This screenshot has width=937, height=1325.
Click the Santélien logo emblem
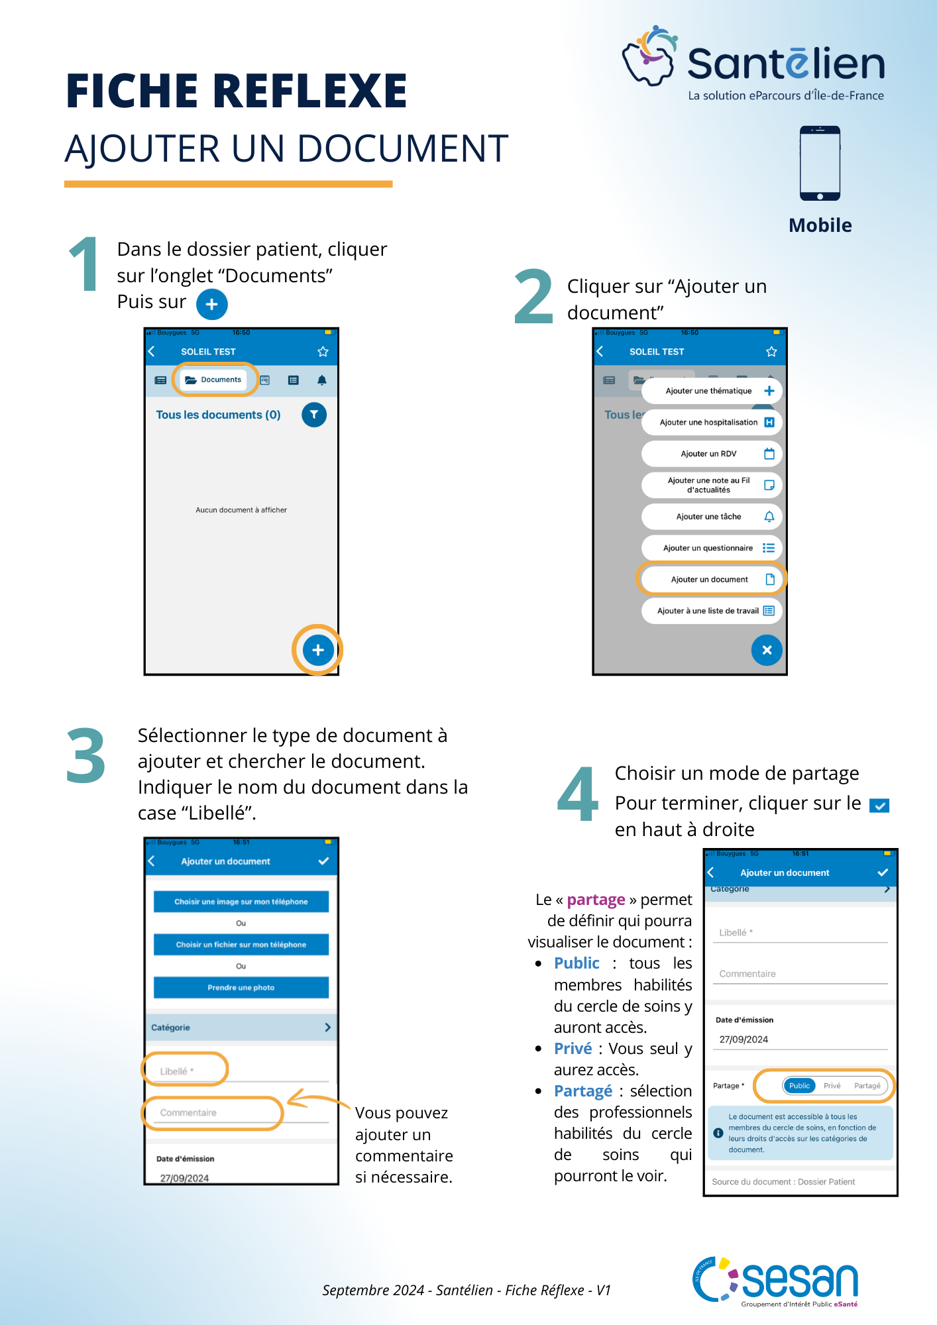650,57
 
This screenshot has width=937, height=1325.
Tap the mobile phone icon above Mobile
820,163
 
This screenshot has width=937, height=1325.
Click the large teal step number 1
85,265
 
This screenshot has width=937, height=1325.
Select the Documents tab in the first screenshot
214,380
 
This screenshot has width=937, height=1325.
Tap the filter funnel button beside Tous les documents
314,415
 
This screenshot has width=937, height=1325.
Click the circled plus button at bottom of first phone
318,650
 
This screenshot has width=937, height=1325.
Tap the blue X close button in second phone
767,650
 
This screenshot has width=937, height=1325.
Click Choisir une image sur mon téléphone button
241,902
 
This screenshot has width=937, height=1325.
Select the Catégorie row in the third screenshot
241,1028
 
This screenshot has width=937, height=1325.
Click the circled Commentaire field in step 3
212,1112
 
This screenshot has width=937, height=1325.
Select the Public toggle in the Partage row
799,1086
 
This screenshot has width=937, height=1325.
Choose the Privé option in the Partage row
832,1086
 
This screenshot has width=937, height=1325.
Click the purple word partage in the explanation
596,900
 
